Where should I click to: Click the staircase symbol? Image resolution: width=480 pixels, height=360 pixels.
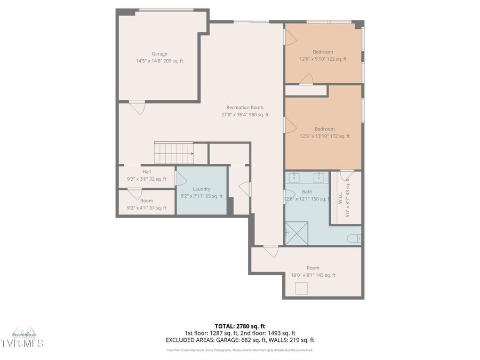[x=173, y=153]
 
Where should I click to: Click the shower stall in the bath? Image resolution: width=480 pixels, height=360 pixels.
[x=297, y=233]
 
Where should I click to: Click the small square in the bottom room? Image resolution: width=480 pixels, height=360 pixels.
[x=302, y=289]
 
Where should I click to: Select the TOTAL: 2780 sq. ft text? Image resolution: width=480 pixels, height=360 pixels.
[x=240, y=326]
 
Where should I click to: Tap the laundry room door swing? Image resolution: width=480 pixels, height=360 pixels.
[x=180, y=178]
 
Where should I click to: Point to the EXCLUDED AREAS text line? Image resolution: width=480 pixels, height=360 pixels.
[x=240, y=340]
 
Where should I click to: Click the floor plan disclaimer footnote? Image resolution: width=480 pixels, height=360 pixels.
[x=240, y=350]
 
